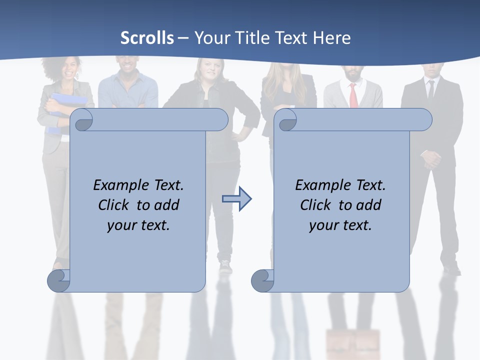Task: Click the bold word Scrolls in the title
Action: pyautogui.click(x=147, y=37)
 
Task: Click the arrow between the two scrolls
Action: pyautogui.click(x=236, y=198)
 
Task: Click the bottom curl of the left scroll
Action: pyautogui.click(x=58, y=280)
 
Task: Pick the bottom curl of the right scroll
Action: pyautogui.click(x=262, y=280)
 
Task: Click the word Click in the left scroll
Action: pyautogui.click(x=115, y=205)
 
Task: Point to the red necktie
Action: pyautogui.click(x=353, y=95)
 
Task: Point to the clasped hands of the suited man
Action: pyautogui.click(x=431, y=158)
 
